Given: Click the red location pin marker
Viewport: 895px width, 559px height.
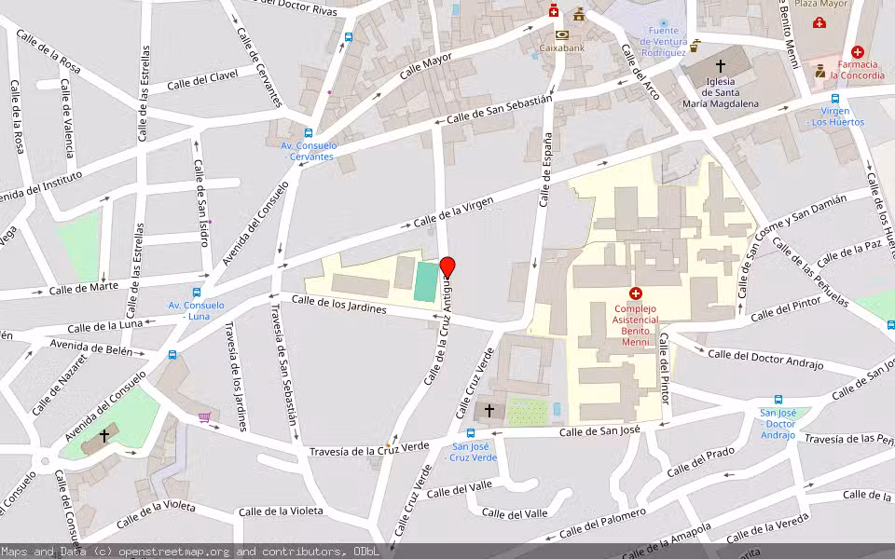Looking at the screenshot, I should tap(447, 267).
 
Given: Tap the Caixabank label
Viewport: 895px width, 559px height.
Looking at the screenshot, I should tap(561, 48).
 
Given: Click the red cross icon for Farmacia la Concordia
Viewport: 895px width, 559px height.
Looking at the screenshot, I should tap(857, 53).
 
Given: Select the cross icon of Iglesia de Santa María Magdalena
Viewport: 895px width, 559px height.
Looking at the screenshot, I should tap(720, 66).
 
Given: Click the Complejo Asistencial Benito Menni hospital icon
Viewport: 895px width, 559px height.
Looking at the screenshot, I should tap(636, 293).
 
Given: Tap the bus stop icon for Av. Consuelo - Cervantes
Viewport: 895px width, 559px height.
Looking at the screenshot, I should tap(309, 133).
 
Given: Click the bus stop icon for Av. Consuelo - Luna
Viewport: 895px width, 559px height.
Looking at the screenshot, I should tap(196, 293).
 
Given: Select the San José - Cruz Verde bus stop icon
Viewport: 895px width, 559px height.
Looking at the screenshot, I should tap(470, 433).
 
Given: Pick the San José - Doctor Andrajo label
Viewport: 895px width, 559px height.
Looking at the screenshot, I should tap(778, 424).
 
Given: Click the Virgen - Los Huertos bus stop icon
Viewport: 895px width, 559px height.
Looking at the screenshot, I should tap(835, 99).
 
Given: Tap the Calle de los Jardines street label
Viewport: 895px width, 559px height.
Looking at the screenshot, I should tap(339, 304).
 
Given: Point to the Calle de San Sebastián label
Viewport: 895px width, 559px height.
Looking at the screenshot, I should tap(499, 109).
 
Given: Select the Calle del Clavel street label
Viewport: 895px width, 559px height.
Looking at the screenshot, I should tap(203, 81).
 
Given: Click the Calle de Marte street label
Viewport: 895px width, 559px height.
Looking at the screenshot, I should tap(83, 288).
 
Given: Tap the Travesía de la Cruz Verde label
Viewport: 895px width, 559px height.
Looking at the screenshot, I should tap(369, 450).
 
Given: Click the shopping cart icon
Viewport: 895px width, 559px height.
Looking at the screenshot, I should tap(204, 416).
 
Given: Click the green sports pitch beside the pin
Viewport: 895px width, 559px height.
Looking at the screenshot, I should tap(425, 281).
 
